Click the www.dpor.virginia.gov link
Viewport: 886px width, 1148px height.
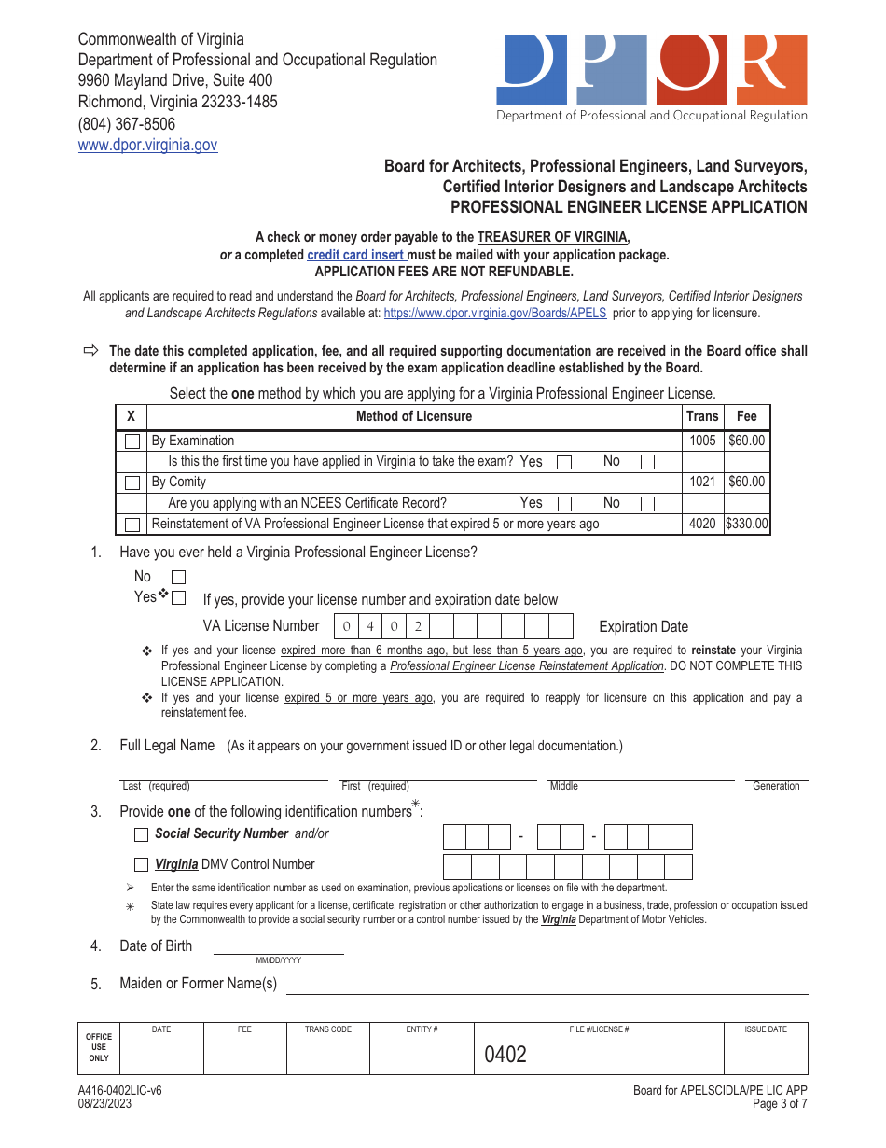147,145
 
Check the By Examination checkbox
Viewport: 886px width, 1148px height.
132,441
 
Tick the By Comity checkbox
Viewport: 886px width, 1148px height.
132,483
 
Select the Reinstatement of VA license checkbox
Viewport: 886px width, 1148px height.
132,525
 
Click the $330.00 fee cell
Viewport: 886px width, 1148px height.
747,524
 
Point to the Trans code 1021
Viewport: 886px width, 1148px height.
702,482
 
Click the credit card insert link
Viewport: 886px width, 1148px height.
355,255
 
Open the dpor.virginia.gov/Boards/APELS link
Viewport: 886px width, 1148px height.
494,314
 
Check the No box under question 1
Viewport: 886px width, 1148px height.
179,578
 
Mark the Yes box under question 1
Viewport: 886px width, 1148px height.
179,597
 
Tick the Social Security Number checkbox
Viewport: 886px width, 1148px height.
142,834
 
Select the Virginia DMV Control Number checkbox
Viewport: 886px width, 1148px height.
142,864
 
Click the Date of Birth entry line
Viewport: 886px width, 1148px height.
278,947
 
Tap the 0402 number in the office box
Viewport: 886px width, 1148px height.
505,1055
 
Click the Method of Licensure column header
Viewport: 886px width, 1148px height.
414,416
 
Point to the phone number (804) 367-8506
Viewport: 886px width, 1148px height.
127,123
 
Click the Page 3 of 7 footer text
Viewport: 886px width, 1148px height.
779,1104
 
